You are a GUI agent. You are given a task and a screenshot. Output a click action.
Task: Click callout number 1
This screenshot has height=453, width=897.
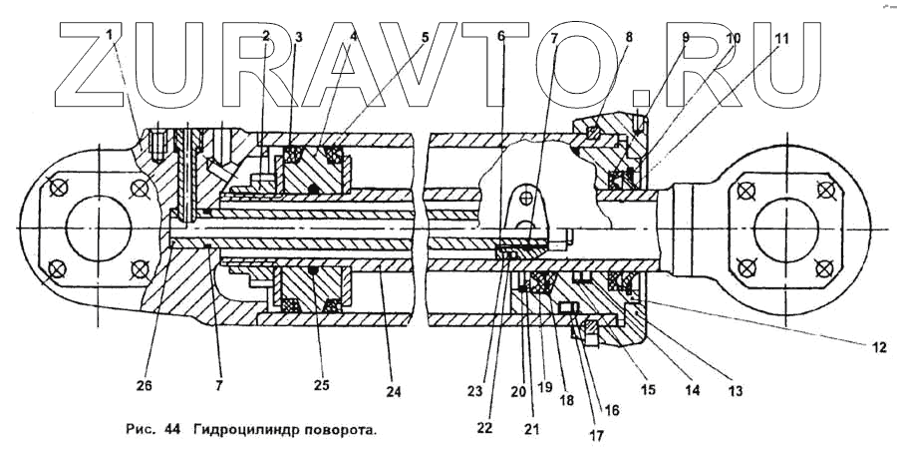pyautogui.click(x=111, y=36)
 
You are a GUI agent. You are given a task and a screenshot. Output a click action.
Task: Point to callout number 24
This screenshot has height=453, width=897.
pyautogui.click(x=394, y=392)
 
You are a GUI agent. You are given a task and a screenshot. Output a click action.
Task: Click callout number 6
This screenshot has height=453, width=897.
pyautogui.click(x=501, y=36)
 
